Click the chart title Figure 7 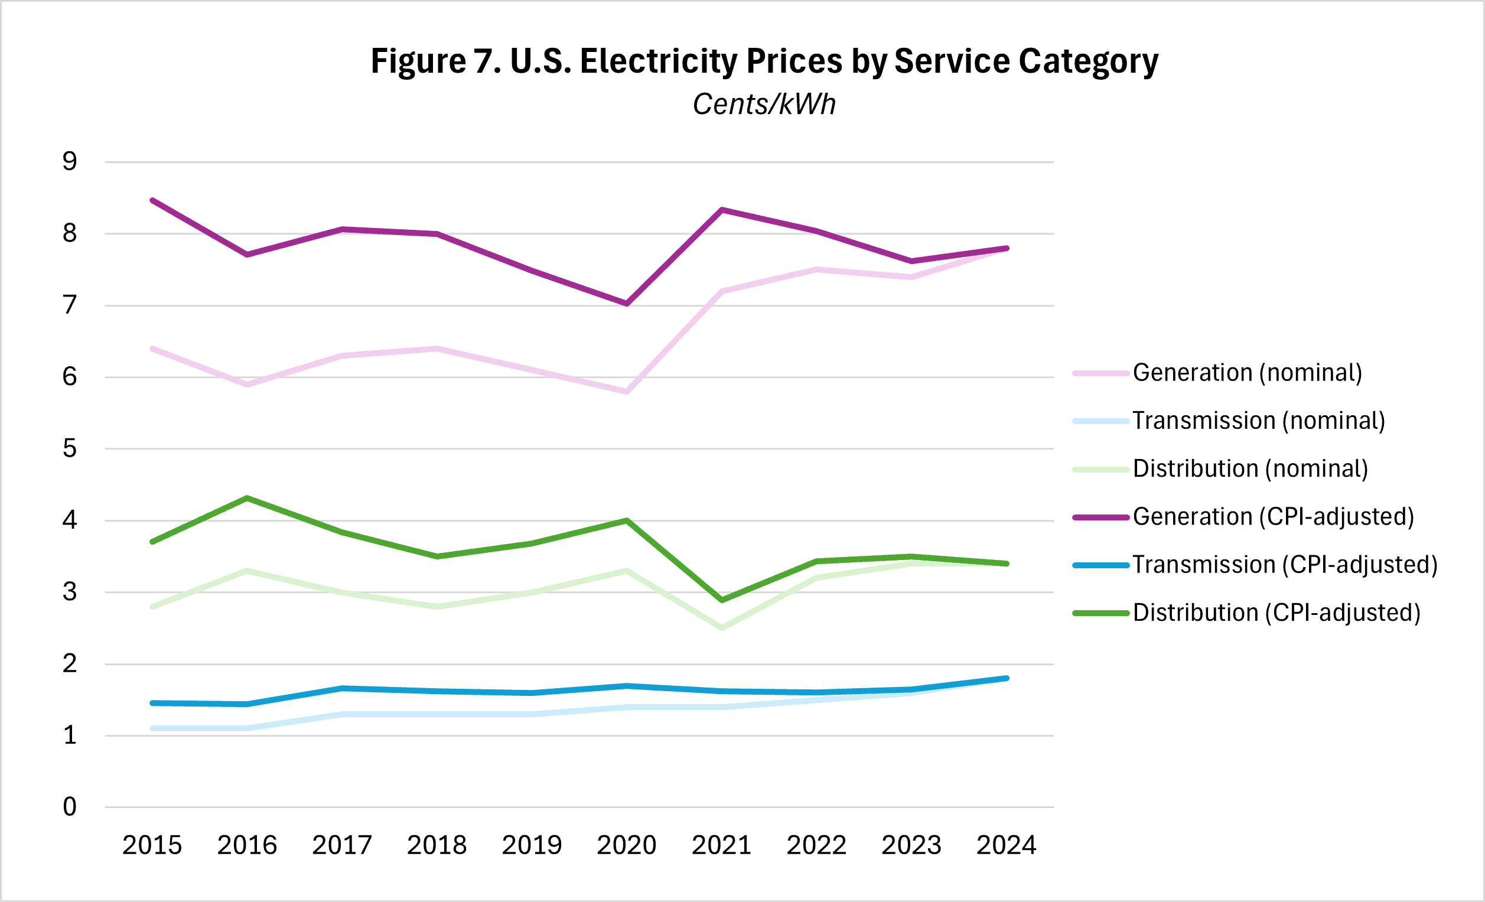point(764,61)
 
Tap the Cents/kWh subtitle point(764,104)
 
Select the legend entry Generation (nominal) point(1247,373)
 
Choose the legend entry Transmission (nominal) point(1258,421)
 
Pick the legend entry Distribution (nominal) point(1250,469)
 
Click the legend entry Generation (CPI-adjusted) point(1273,517)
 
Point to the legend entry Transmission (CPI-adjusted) point(1285,565)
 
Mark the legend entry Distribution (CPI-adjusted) point(1276,613)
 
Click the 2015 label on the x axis point(152,845)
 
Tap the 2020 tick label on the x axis point(627,845)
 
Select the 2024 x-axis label point(1007,845)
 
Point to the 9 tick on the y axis point(70,161)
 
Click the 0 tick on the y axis point(70,807)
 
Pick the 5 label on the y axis point(70,448)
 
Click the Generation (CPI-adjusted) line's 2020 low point point(627,304)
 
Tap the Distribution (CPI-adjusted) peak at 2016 point(247,499)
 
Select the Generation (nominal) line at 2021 point(722,291)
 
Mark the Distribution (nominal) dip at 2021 point(722,628)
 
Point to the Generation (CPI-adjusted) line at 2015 point(152,200)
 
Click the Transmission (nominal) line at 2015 point(152,728)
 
